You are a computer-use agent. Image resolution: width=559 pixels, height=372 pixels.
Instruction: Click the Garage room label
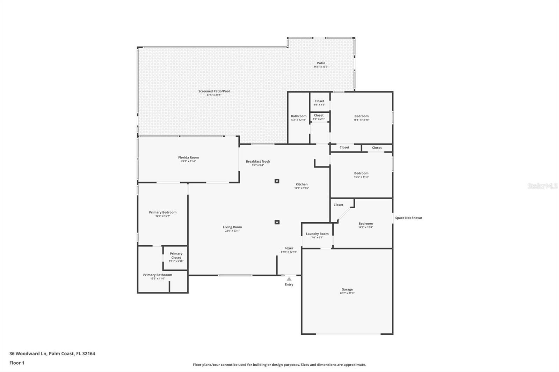[347, 289]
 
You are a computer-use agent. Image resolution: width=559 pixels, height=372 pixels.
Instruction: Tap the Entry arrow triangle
[289, 279]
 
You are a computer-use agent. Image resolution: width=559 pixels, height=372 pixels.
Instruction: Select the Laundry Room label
[317, 234]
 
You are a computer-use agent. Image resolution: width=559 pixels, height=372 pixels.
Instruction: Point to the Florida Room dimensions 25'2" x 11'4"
[188, 161]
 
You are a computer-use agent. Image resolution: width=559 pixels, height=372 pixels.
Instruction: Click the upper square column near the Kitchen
[277, 181]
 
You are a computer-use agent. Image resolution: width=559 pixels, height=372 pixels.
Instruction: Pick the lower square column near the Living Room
[277, 222]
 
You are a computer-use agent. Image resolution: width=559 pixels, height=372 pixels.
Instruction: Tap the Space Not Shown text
[408, 218]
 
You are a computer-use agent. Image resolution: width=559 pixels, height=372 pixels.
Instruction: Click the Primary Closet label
[176, 255]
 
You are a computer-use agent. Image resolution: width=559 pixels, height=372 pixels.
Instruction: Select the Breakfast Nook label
[258, 161]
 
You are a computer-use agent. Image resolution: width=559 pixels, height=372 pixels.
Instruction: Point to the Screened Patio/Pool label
[214, 91]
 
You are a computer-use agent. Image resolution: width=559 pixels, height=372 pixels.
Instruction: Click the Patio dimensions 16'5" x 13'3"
[321, 67]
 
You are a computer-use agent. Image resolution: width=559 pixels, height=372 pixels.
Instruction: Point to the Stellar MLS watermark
[542, 186]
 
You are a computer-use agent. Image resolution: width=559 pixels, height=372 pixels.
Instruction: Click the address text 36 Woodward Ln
[28, 354]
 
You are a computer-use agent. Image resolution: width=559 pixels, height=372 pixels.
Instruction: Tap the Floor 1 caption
[17, 363]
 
